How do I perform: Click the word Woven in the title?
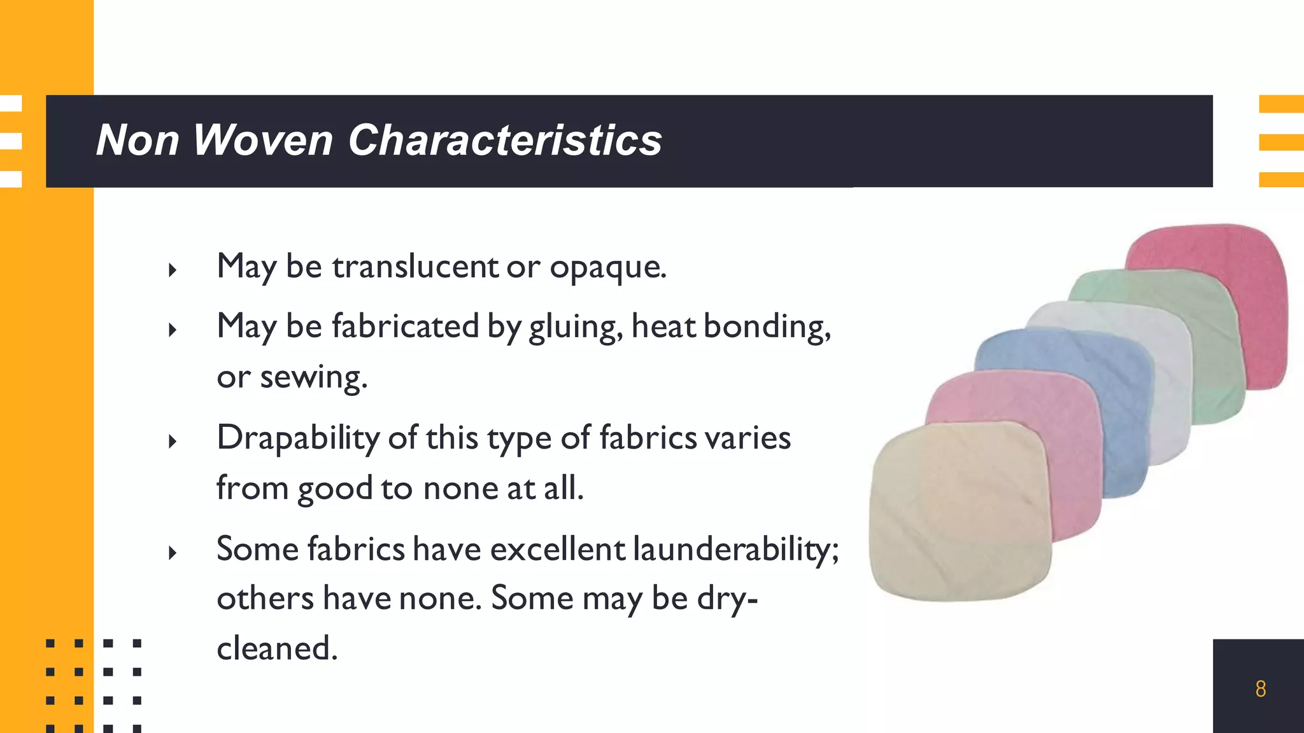[x=262, y=140]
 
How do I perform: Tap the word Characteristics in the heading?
[x=505, y=140]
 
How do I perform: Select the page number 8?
[x=1260, y=688]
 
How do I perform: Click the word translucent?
[x=415, y=266]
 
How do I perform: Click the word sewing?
[x=313, y=377]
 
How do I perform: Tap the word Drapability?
[x=298, y=438]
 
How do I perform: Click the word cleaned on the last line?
[x=276, y=648]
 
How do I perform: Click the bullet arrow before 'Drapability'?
[x=172, y=441]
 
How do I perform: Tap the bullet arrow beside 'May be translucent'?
[x=172, y=270]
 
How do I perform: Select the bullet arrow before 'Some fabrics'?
[x=172, y=552]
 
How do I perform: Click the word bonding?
[x=767, y=327]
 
